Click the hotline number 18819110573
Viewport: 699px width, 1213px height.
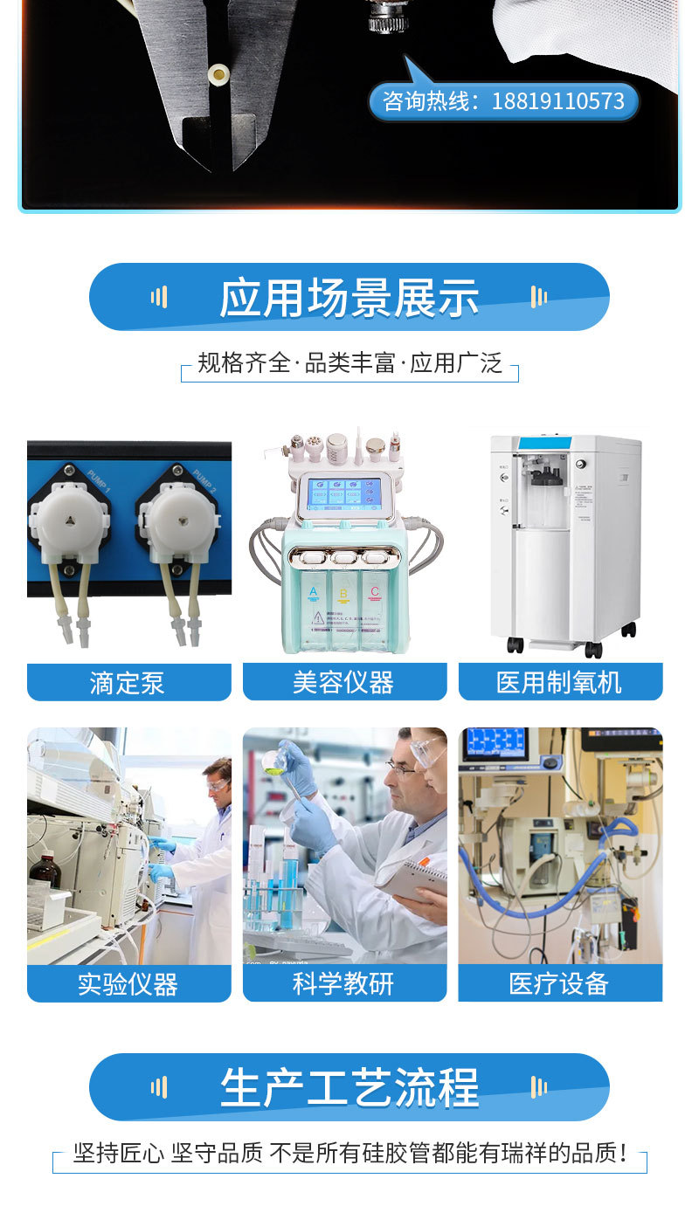(x=557, y=101)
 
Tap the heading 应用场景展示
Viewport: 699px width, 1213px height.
(x=349, y=298)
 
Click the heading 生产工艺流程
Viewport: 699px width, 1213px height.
(x=349, y=1088)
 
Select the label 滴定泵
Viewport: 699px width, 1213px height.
(x=127, y=682)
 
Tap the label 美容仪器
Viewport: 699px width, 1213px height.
(x=343, y=682)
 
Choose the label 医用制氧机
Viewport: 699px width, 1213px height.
(x=558, y=682)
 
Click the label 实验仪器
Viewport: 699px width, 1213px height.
(x=128, y=984)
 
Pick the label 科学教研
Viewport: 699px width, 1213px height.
(x=343, y=983)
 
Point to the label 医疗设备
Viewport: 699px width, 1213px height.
(x=558, y=983)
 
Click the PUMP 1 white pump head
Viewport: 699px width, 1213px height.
(x=69, y=522)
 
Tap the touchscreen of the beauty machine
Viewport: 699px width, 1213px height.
(x=344, y=493)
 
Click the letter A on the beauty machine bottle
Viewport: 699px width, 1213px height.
(x=313, y=592)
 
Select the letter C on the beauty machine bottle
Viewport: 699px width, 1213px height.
(x=375, y=592)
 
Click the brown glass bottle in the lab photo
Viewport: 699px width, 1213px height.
(x=45, y=867)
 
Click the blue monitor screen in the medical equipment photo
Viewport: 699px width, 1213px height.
(x=495, y=743)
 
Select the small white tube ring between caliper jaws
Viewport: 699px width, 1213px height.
(x=218, y=72)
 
